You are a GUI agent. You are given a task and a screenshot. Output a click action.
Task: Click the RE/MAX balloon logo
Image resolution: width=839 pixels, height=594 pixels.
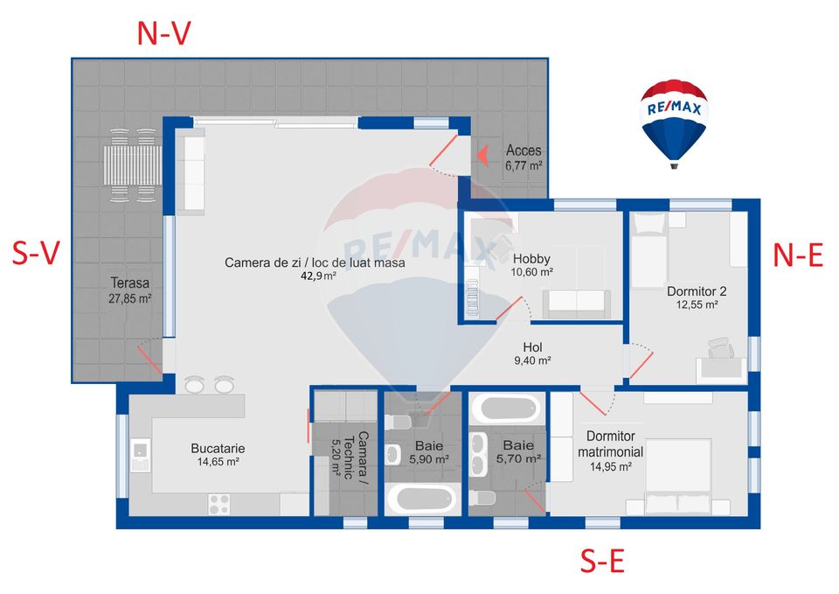[x=674, y=124]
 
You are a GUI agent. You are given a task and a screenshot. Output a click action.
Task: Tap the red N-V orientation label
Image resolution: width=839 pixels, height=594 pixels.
[x=163, y=34]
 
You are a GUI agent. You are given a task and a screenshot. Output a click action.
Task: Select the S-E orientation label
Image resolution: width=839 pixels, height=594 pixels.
[x=602, y=562]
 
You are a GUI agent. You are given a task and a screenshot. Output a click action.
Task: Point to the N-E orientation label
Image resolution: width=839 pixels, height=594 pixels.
[x=798, y=255]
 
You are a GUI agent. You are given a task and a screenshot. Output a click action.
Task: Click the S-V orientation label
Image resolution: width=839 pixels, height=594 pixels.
[x=36, y=253]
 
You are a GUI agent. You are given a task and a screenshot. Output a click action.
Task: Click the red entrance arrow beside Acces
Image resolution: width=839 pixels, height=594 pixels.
[x=482, y=156]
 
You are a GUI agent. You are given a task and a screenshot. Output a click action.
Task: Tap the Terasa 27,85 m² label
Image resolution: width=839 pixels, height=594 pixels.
[x=129, y=290]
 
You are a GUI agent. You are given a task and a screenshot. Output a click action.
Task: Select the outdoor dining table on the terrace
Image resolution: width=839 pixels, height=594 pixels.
[x=133, y=165]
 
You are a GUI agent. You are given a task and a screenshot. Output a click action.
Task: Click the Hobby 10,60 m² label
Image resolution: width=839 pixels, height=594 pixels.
[x=531, y=265]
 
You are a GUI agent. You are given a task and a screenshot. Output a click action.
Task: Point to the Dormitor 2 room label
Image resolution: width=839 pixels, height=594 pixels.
[x=697, y=297]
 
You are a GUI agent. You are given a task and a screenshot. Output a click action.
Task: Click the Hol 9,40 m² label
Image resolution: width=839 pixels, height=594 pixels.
[x=532, y=353]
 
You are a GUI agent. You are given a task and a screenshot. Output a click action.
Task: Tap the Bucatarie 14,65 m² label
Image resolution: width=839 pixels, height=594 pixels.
[x=218, y=455]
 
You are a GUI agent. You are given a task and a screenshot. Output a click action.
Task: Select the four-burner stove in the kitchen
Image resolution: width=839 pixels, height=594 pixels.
[x=219, y=504]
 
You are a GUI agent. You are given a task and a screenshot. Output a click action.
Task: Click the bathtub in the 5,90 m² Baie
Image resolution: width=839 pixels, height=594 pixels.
[x=422, y=500]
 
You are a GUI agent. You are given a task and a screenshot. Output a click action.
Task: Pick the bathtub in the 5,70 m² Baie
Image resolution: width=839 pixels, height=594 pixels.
[x=507, y=409]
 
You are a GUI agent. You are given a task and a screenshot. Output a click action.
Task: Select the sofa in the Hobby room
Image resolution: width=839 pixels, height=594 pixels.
[x=577, y=304]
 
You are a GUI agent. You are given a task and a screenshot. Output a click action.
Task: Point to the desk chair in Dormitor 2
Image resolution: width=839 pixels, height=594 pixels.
[x=720, y=347]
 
